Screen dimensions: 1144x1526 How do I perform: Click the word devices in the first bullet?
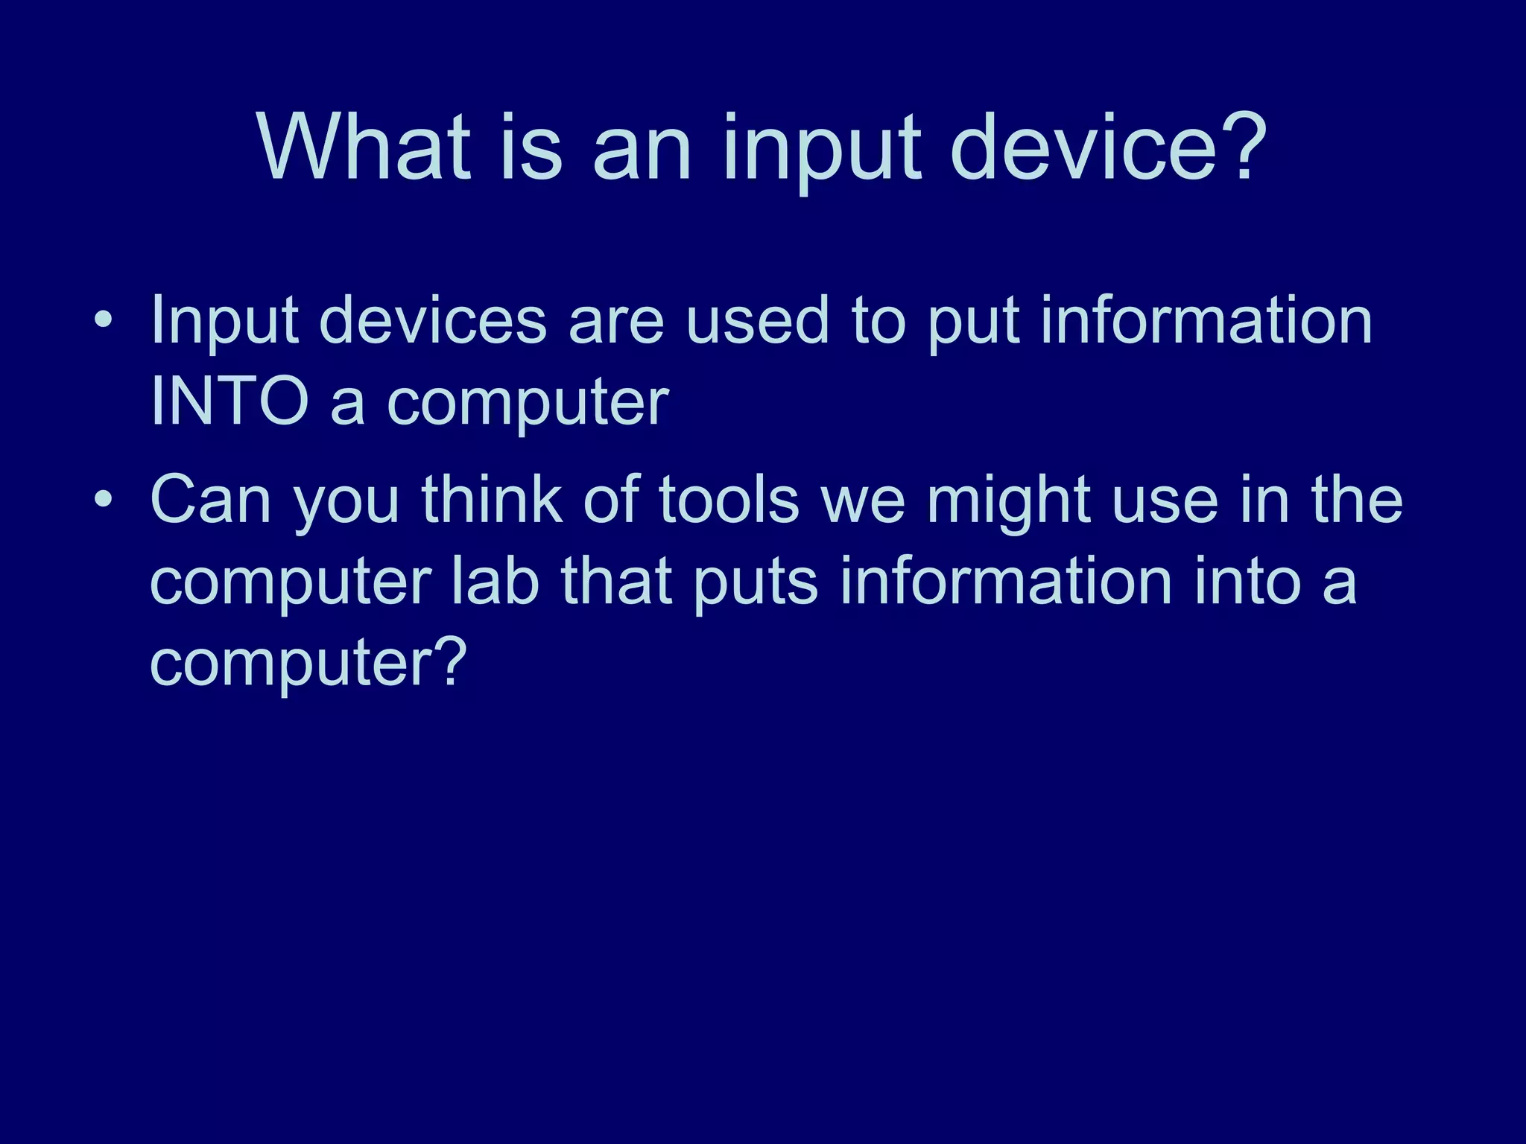coord(433,320)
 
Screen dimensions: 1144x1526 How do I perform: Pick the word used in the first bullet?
coord(757,320)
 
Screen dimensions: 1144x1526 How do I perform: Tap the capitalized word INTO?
coord(229,401)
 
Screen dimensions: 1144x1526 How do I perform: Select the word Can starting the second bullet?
coord(210,499)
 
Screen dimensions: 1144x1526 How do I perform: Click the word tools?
coord(729,499)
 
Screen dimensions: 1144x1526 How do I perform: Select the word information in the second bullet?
coord(1006,581)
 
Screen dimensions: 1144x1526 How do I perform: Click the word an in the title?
coord(642,149)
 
